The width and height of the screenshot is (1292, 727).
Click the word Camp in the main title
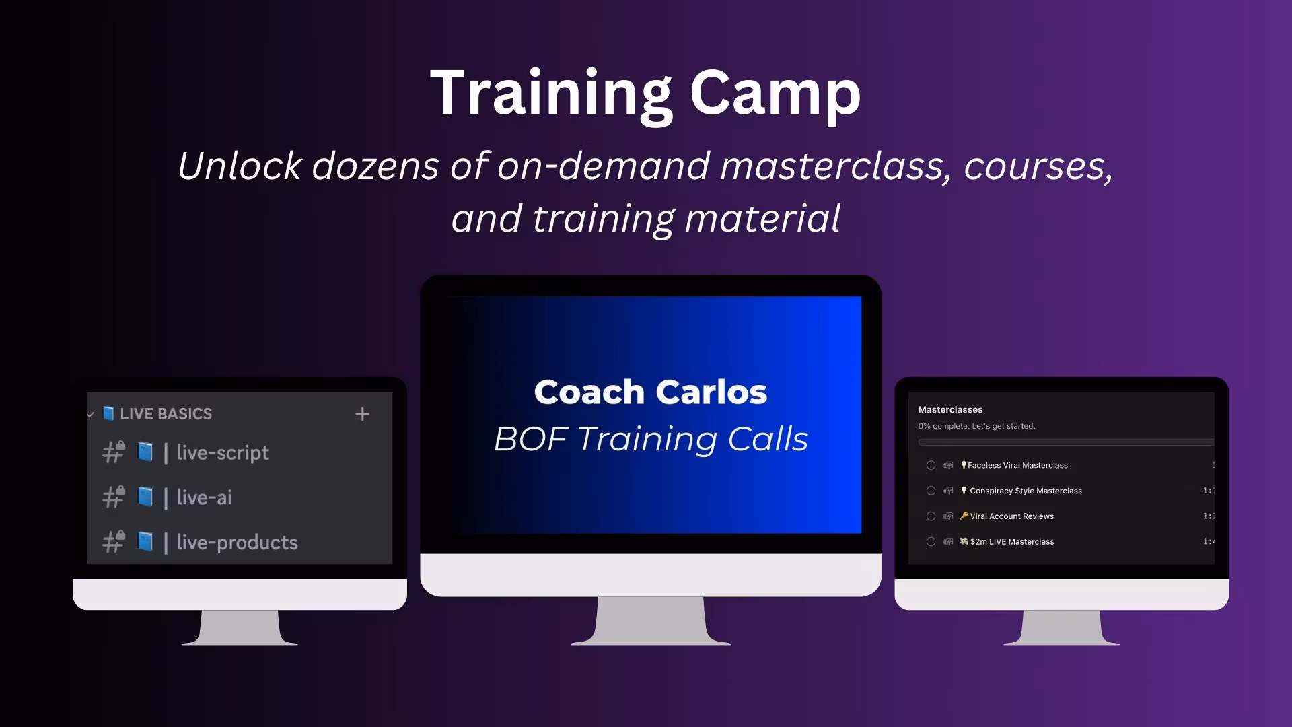[x=775, y=94]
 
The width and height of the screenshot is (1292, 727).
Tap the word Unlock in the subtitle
[x=239, y=166]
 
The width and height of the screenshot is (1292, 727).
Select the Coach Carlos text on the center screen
[x=651, y=392]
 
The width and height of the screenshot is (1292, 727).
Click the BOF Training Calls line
[x=651, y=440]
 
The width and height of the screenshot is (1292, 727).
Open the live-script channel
[x=223, y=453]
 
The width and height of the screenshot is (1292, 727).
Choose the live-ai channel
[x=204, y=497]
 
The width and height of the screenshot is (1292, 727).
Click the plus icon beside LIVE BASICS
[x=362, y=414]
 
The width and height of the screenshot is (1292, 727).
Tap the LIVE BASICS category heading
[x=166, y=414]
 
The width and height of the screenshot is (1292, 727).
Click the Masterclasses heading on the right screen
[x=950, y=409]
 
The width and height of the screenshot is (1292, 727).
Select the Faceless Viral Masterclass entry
[x=1017, y=465]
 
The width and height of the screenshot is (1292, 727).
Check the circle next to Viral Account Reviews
[x=931, y=516]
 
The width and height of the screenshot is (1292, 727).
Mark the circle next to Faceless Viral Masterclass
[x=931, y=465]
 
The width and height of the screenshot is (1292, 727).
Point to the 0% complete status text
[x=976, y=426]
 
